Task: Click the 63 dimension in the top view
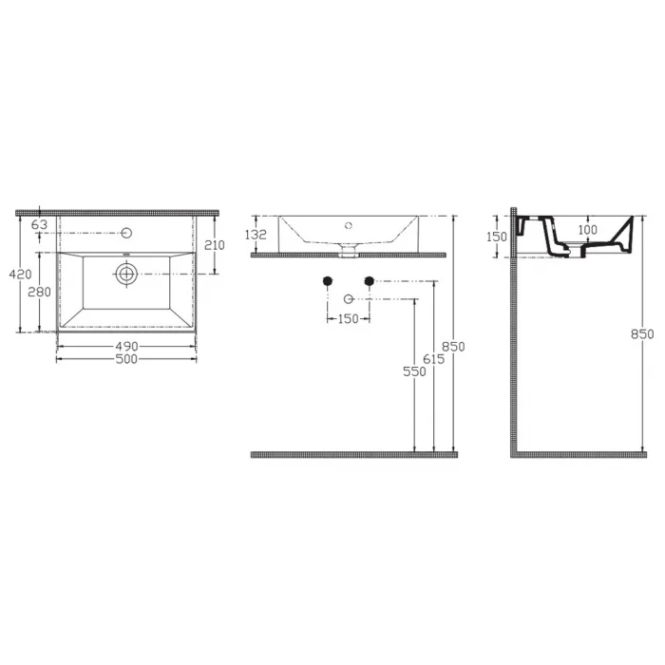[40, 225]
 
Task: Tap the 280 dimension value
[39, 293]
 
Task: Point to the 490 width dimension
[127, 346]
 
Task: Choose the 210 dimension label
[214, 245]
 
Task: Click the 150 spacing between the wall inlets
[349, 319]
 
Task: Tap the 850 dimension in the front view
[454, 347]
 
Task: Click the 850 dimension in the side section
[643, 333]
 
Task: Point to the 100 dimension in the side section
[587, 231]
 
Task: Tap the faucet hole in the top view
[127, 232]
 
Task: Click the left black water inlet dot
[328, 280]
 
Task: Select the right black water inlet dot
[370, 280]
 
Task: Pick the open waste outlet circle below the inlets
[349, 299]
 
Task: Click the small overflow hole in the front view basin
[349, 225]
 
